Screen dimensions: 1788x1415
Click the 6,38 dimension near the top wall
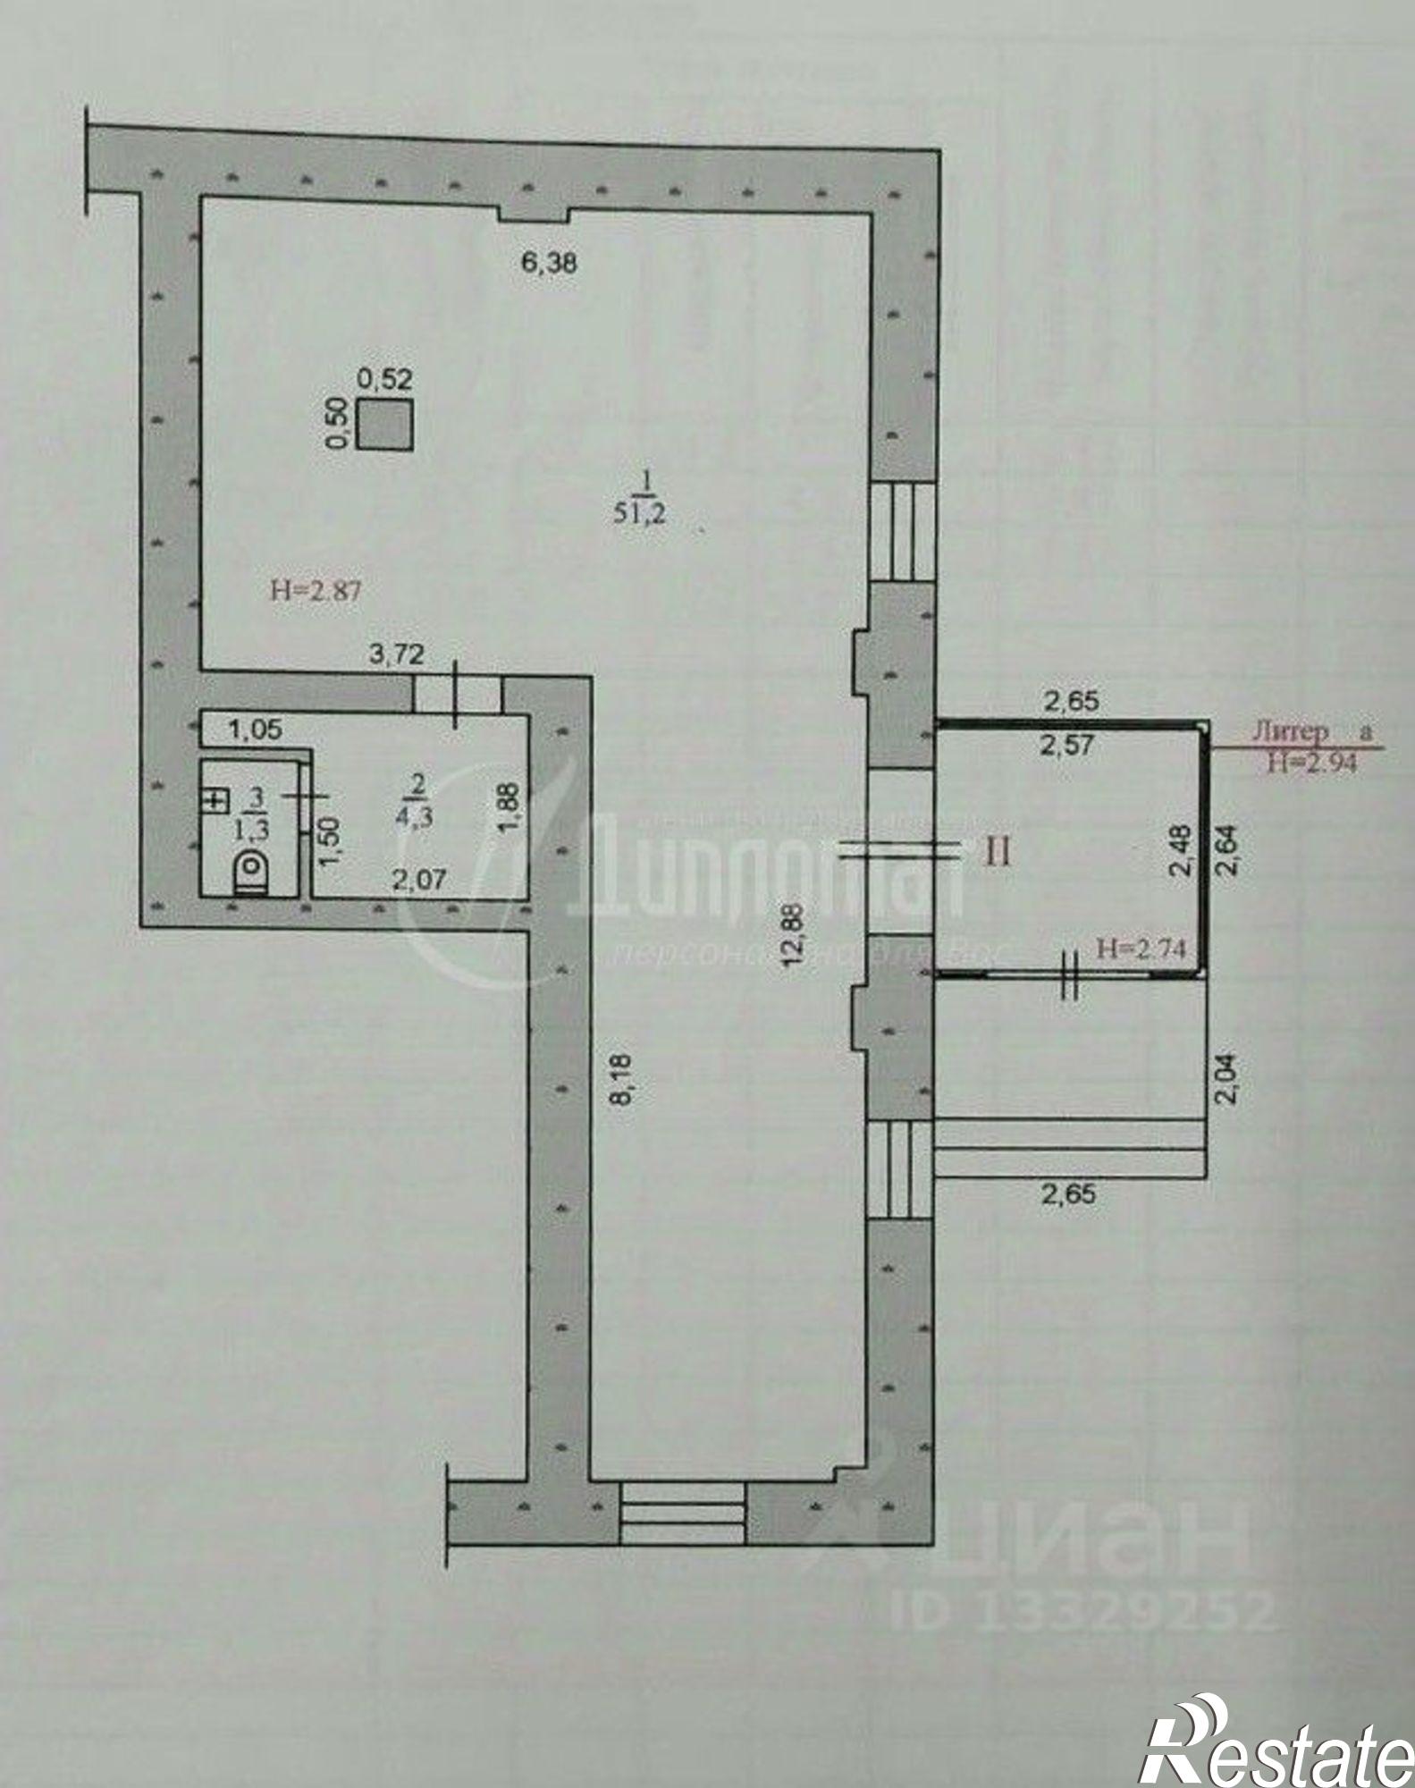coord(549,263)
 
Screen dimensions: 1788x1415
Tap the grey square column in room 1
coord(385,424)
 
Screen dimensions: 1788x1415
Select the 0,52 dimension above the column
coord(385,379)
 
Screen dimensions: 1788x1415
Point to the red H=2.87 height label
coord(316,590)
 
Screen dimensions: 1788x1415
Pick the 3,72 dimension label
coord(397,654)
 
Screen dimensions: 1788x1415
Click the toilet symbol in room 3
coord(251,871)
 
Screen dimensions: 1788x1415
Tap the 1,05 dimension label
coord(256,730)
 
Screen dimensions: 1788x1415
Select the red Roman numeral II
coord(998,852)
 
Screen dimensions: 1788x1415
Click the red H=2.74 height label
coord(1141,949)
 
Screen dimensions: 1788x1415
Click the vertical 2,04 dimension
coord(1228,1079)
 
